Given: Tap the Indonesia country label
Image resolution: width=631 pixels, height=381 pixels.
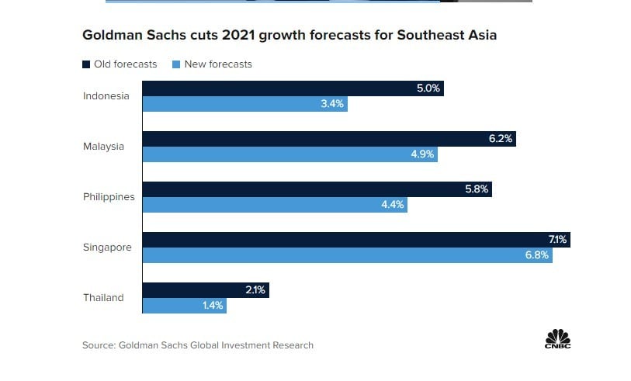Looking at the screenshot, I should [106, 96].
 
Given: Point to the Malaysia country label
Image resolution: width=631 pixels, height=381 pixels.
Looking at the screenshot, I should [104, 147].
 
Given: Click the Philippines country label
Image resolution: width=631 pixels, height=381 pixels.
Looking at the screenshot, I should [109, 197].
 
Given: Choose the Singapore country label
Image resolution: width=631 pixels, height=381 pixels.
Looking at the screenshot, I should [107, 248].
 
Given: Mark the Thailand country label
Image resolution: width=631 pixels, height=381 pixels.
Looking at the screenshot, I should [103, 298].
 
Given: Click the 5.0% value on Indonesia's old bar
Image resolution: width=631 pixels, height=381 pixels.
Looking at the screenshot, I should [428, 88].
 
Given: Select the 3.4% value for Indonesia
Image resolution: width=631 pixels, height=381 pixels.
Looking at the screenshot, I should [332, 104].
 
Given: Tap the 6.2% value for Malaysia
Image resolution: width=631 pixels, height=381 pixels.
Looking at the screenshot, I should [500, 139].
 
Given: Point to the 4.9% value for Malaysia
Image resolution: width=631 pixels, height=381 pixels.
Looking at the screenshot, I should [422, 154].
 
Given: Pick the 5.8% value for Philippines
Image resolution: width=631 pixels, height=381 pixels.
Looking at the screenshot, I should [477, 189].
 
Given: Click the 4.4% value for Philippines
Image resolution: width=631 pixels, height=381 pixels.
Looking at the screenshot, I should [392, 205].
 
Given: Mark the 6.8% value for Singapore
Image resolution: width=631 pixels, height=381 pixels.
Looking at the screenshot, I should [537, 255].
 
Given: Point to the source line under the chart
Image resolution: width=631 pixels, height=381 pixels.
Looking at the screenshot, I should [198, 345].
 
